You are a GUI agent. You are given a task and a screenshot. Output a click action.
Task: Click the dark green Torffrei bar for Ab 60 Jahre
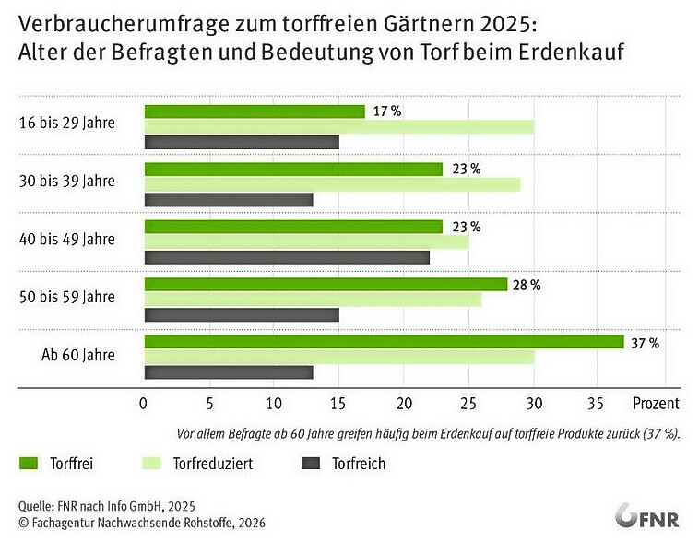385,342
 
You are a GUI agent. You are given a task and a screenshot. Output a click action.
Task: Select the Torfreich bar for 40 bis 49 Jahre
287,257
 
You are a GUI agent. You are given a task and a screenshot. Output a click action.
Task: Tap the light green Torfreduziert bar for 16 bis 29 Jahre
339,127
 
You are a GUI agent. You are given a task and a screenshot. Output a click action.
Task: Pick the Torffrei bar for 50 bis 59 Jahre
326,284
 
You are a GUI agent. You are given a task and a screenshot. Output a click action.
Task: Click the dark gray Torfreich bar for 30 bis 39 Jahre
229,199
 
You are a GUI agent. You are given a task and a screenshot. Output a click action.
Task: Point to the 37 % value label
645,343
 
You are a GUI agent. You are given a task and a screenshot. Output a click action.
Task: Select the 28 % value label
526,285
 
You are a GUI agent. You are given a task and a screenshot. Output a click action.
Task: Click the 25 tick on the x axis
468,404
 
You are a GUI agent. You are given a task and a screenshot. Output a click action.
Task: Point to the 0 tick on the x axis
144,404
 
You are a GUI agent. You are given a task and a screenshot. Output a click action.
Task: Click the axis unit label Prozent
656,404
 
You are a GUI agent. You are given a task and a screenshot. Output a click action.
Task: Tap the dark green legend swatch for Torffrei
30,464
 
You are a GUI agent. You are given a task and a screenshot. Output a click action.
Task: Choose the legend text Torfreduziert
213,464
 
